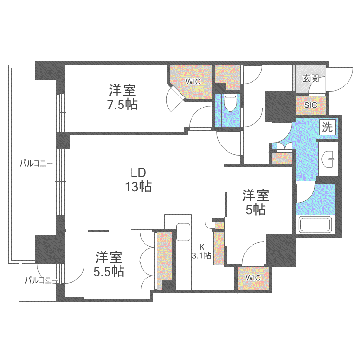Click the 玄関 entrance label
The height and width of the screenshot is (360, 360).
(311, 79)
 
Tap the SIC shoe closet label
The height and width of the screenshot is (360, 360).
(311, 105)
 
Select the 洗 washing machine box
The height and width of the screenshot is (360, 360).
(327, 127)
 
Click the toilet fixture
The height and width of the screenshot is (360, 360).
(230, 103)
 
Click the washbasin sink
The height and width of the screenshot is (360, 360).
(328, 159)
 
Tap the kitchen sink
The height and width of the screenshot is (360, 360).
(183, 232)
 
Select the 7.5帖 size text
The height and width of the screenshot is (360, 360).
(122, 105)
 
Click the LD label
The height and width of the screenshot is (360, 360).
(138, 173)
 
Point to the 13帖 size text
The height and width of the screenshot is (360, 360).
(138, 186)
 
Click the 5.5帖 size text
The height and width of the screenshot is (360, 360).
(108, 272)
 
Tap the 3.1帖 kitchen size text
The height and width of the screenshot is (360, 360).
(202, 256)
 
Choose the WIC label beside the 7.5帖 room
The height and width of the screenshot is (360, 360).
(193, 81)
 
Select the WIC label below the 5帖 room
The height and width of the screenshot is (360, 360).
(253, 277)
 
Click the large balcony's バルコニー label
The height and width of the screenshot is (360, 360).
(36, 164)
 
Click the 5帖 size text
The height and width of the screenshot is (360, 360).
(256, 209)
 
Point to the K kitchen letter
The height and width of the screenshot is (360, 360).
(202, 247)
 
